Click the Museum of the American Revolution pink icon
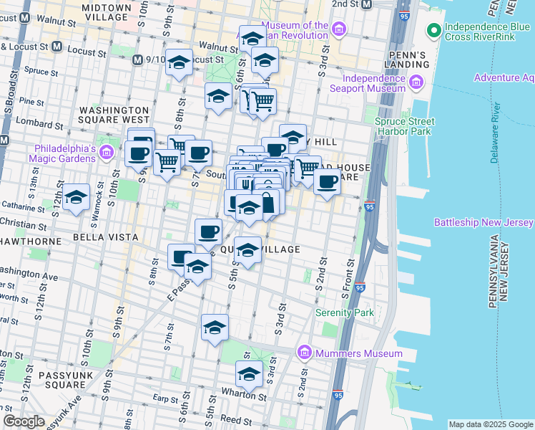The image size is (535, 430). tap(339, 30)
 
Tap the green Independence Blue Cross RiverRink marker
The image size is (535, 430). tap(433, 31)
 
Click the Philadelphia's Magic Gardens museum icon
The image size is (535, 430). tap(107, 152)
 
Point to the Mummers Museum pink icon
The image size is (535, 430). tap(305, 353)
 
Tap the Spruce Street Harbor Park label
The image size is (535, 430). tap(404, 127)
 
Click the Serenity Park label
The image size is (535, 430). tap(345, 312)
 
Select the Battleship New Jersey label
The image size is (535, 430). tap(484, 223)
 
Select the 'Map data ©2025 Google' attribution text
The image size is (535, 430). tap(490, 424)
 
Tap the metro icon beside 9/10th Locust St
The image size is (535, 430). tap(137, 59)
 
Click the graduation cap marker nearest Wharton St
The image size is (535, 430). tap(248, 374)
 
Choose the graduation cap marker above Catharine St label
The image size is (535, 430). tap(75, 199)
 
